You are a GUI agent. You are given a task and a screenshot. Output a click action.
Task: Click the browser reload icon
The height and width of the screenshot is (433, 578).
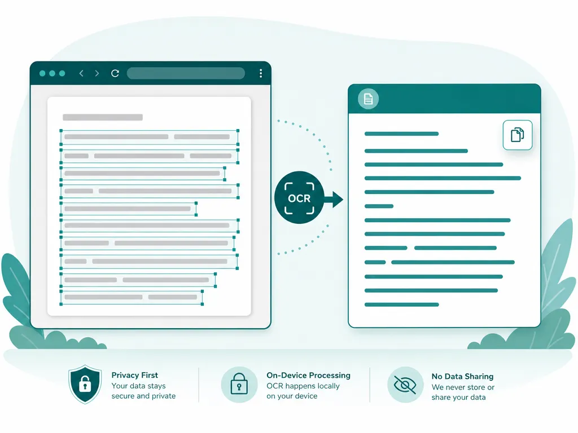[115, 73]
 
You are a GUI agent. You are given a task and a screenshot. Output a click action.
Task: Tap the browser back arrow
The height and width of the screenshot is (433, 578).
[81, 73]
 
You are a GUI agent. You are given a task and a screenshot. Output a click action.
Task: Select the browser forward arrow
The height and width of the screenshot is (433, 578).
[97, 73]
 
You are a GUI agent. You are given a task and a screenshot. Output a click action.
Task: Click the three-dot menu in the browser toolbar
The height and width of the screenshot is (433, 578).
[261, 73]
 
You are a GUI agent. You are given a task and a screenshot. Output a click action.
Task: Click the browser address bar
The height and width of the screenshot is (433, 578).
[186, 73]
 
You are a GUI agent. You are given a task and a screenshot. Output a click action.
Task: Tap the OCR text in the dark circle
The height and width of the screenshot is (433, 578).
[299, 198]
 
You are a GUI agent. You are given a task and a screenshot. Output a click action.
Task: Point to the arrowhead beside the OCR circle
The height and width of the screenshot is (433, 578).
[337, 200]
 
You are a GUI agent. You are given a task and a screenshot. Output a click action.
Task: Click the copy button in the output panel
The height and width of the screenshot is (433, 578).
[518, 135]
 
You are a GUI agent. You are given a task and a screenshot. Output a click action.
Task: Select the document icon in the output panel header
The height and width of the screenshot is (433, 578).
[368, 99]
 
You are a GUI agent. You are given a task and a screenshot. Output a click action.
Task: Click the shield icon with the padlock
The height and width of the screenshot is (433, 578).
[85, 384]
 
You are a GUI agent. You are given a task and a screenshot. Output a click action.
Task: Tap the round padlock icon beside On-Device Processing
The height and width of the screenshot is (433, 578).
[239, 385]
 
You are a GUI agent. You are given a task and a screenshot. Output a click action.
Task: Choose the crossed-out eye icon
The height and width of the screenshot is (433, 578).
[405, 385]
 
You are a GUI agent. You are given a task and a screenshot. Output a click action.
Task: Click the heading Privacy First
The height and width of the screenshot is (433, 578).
[134, 375]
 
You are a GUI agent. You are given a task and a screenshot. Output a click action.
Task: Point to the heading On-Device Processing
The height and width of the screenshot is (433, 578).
[309, 375]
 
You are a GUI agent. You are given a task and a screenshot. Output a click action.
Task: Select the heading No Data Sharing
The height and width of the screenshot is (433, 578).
[462, 376]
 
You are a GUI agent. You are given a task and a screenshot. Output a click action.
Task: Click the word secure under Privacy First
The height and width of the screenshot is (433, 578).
[122, 396]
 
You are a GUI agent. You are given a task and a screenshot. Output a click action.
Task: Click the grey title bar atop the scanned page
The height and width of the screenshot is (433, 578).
[103, 117]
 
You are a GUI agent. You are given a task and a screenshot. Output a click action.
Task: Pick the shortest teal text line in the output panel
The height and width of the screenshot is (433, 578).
[379, 206]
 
